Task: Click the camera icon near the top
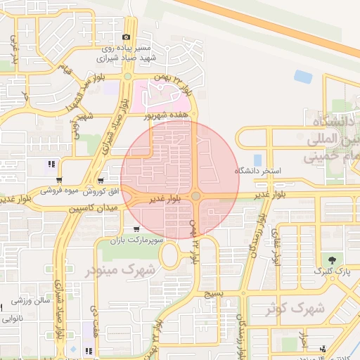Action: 127,37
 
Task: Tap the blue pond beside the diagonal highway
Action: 304,76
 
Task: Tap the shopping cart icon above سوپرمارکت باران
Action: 136,229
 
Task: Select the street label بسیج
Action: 212,293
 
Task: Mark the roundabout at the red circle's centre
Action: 196,196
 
